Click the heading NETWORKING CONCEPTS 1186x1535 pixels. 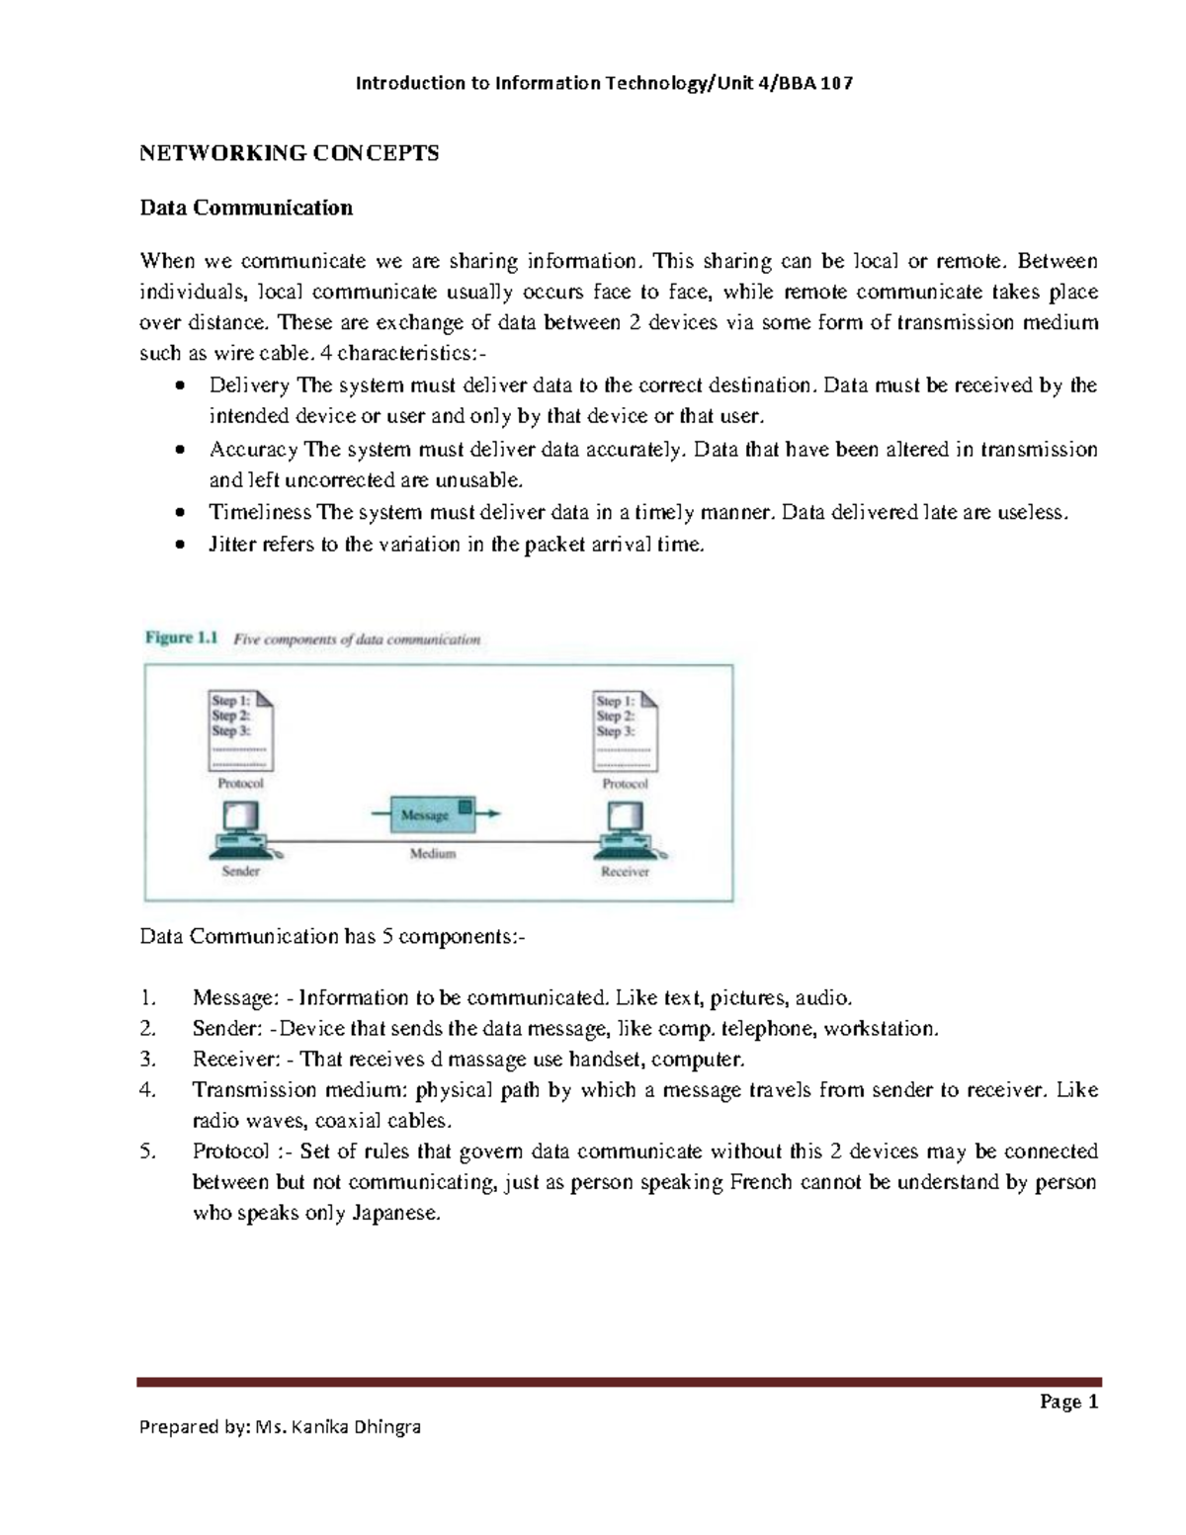coord(289,153)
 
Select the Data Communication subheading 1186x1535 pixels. coord(246,208)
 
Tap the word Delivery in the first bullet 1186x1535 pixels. coord(249,385)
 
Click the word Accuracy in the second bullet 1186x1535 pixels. coord(253,450)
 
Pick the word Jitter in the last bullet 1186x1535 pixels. coord(232,545)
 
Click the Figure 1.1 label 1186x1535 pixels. coord(181,639)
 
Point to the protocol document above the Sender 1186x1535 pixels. coord(240,730)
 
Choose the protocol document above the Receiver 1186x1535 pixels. coord(625,730)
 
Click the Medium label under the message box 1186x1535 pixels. coord(433,853)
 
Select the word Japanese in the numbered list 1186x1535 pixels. coord(393,1214)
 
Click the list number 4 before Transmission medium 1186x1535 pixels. coord(147,1090)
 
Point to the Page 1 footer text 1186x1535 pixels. coord(1069,1402)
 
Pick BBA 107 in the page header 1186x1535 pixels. coord(815,83)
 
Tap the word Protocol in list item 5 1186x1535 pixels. coord(230,1151)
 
